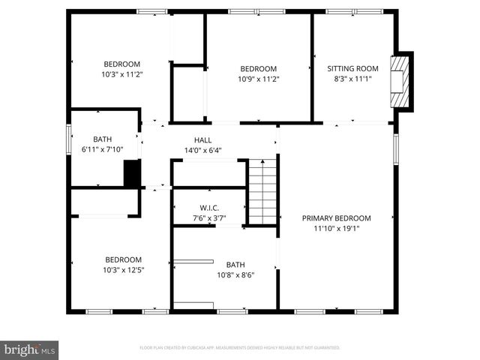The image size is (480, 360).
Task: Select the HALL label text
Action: click(x=202, y=140)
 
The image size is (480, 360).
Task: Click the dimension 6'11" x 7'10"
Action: click(x=102, y=149)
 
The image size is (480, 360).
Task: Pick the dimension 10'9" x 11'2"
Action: click(x=258, y=79)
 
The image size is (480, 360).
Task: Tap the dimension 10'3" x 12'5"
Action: click(x=122, y=270)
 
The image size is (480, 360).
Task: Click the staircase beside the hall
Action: click(x=262, y=191)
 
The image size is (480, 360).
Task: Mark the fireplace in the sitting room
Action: click(x=401, y=82)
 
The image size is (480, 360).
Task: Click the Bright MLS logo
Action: click(x=30, y=349)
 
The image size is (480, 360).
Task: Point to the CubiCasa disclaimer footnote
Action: click(x=240, y=348)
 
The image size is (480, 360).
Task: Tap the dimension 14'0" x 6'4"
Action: click(x=202, y=150)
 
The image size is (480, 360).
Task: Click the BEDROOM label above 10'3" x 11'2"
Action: click(x=121, y=64)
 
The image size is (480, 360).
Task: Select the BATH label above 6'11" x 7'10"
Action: click(x=102, y=139)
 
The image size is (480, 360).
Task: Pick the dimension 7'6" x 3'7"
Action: click(x=208, y=218)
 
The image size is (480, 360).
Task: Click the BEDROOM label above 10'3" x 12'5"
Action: click(x=122, y=260)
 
